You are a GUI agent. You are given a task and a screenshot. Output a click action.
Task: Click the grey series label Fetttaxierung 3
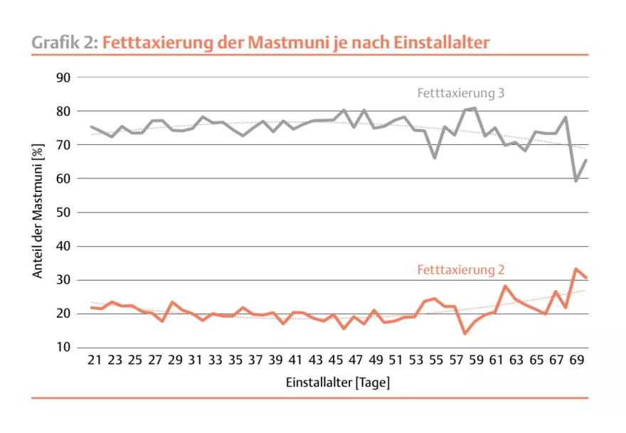[460, 93]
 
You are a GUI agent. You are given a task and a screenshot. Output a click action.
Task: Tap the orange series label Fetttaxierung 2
[460, 270]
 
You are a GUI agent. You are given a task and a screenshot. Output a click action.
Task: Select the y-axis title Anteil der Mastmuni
[37, 213]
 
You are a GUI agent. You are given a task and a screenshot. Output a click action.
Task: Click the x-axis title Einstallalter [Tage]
[338, 383]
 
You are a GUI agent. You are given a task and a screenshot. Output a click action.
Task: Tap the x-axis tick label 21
[94, 361]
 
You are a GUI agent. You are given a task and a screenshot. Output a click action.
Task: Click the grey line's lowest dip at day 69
[576, 181]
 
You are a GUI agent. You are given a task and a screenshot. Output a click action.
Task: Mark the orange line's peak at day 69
[576, 269]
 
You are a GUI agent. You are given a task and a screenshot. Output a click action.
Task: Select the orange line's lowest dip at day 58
[465, 333]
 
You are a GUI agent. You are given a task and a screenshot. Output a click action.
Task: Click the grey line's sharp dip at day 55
[435, 157]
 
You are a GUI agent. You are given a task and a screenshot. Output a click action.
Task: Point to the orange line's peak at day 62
[505, 286]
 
